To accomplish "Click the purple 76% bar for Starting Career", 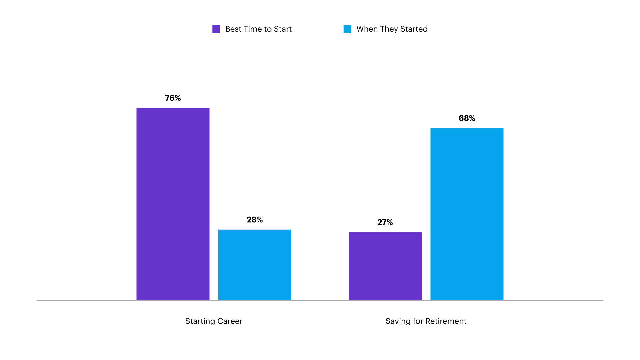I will [x=173, y=204].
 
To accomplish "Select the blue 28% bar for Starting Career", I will [x=255, y=265].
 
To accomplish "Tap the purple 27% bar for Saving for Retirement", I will [x=385, y=266].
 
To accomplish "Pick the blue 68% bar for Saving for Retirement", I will [x=467, y=214].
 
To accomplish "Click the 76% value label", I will [x=173, y=98].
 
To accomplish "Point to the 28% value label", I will [x=255, y=220].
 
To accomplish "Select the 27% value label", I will [x=385, y=222].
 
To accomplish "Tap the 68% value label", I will [x=467, y=118].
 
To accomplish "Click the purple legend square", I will [x=216, y=29].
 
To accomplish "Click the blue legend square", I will [x=347, y=29].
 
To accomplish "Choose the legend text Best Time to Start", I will [x=258, y=29].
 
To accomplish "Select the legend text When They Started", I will [x=392, y=29].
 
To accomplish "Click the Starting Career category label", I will [x=214, y=321].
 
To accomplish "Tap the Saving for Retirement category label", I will [x=426, y=321].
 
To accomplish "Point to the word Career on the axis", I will [x=230, y=321].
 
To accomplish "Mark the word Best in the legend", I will [x=233, y=29].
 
